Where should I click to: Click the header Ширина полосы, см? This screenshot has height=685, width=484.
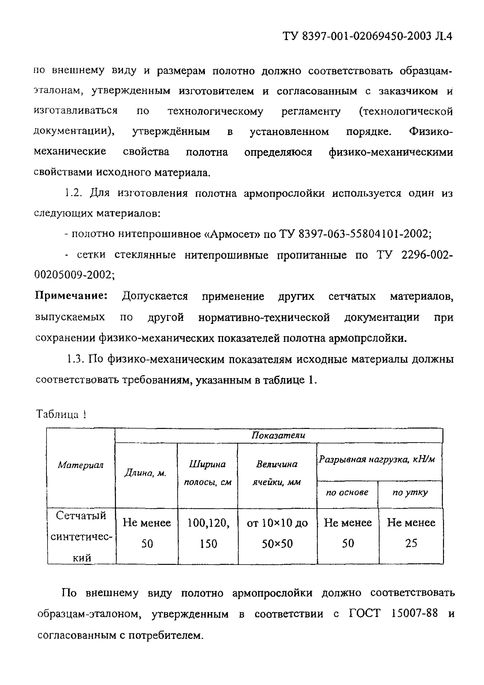[207, 473]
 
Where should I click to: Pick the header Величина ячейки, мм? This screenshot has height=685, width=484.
[277, 473]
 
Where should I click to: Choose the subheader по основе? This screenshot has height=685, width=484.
[347, 492]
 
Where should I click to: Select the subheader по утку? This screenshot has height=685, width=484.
[410, 492]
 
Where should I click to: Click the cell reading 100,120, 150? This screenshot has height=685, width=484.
[208, 533]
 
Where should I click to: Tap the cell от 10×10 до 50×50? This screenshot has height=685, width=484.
[277, 533]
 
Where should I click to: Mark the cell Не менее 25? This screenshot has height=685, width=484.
[411, 533]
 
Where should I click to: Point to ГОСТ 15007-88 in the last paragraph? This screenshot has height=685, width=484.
[393, 613]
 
